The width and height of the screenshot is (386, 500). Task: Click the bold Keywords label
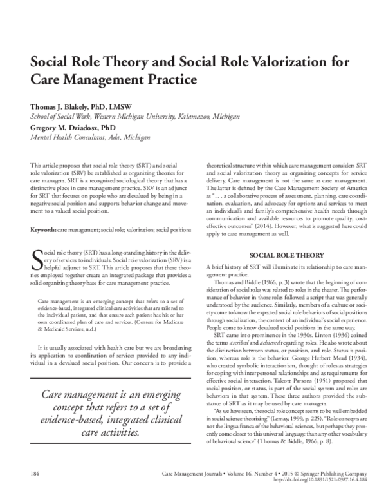pos(44,230)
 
